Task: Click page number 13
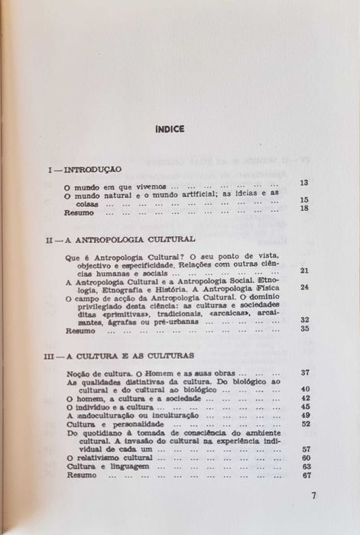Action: point(303,183)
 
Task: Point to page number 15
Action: point(303,200)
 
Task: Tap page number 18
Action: point(303,209)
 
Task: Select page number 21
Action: point(303,271)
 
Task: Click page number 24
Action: point(303,287)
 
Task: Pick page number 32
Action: point(303,320)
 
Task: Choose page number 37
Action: point(303,372)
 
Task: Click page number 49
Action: point(305,415)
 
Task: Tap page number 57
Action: point(305,449)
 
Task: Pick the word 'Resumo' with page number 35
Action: point(78,331)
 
